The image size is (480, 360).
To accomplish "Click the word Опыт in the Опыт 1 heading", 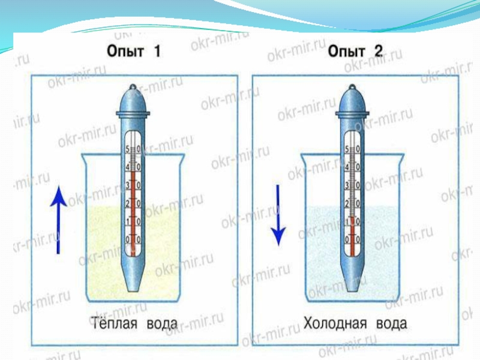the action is pyautogui.click(x=125, y=52).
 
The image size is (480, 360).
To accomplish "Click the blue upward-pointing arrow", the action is pyautogui.click(x=58, y=219).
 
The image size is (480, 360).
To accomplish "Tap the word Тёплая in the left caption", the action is pyautogui.click(x=114, y=325).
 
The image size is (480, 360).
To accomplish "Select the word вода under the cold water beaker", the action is pyautogui.click(x=391, y=325).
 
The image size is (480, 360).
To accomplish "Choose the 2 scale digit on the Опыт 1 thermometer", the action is pyautogui.click(x=127, y=204).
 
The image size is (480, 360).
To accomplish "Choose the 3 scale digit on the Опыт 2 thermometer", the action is pyautogui.click(x=347, y=185).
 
